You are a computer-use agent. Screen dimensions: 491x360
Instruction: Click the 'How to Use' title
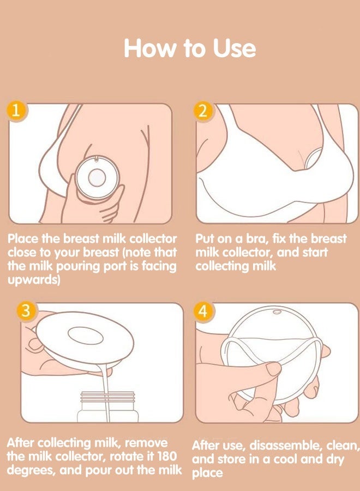[189, 48]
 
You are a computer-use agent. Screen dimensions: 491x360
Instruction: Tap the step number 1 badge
[16, 111]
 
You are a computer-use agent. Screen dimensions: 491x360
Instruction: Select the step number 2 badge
[203, 111]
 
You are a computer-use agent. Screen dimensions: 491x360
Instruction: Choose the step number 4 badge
[203, 312]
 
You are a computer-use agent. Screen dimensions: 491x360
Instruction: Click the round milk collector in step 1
[97, 177]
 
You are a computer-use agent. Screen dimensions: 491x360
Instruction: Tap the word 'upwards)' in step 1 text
[33, 280]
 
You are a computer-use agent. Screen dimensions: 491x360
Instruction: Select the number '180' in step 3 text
[166, 456]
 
